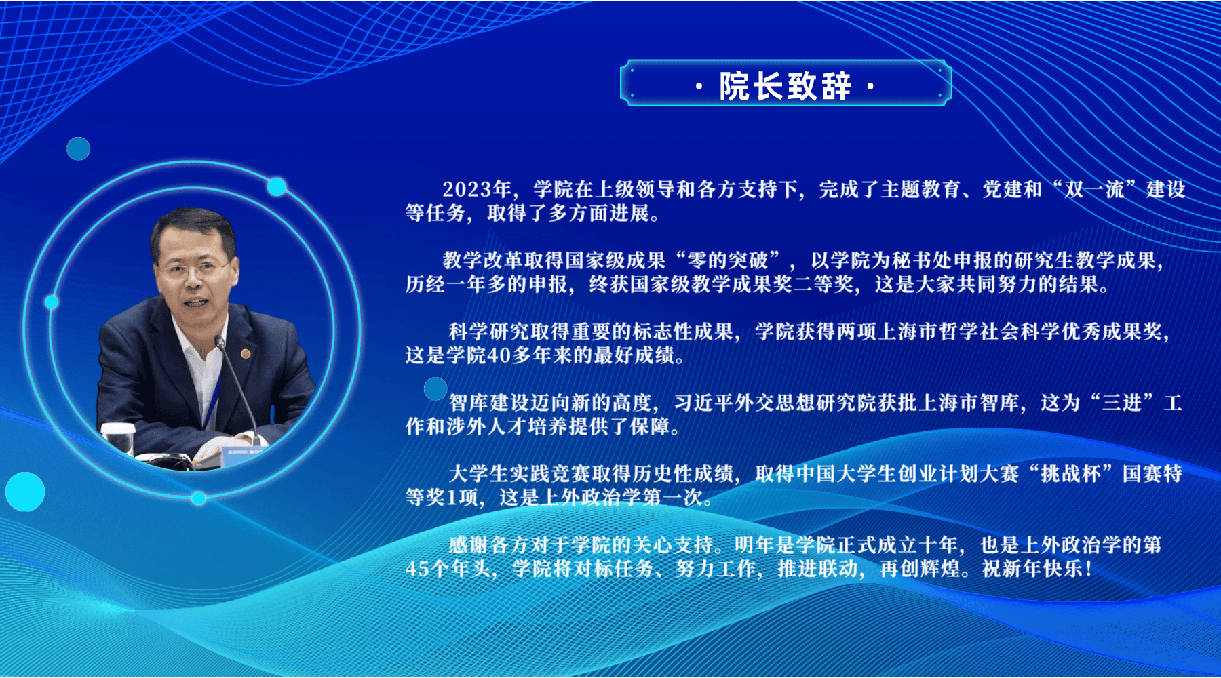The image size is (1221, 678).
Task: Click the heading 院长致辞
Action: [x=786, y=86]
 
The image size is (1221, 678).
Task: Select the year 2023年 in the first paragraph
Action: [x=477, y=189]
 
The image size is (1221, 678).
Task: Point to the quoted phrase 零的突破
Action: [x=728, y=260]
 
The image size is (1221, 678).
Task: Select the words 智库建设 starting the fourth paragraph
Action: [x=489, y=403]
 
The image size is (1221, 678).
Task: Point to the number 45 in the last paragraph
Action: [x=417, y=569]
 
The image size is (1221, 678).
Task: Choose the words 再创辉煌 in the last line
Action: [x=920, y=569]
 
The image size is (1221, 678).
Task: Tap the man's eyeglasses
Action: [x=193, y=270]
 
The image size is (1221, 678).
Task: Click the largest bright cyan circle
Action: [x=25, y=492]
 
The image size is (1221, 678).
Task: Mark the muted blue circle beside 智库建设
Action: [x=435, y=388]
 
